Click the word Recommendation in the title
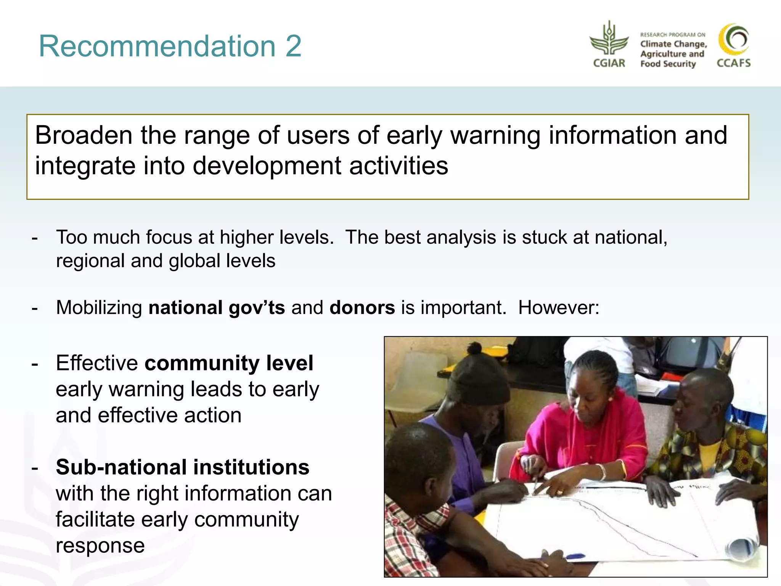pyautogui.click(x=157, y=47)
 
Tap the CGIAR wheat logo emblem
pyautogui.click(x=609, y=40)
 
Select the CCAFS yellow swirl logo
pyautogui.click(x=733, y=40)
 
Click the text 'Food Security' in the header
pyautogui.click(x=668, y=64)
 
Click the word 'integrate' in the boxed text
pyautogui.click(x=85, y=166)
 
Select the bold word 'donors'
pyautogui.click(x=362, y=307)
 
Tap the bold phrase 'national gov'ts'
pyautogui.click(x=216, y=307)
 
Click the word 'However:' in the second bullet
pyautogui.click(x=558, y=307)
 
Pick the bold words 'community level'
pyautogui.click(x=229, y=363)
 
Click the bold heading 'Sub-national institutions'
pyautogui.click(x=182, y=467)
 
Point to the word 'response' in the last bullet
pyautogui.click(x=100, y=546)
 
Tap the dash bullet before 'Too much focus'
pyautogui.click(x=35, y=238)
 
